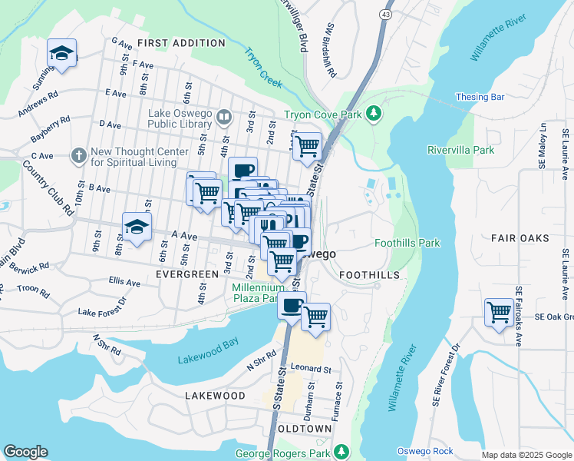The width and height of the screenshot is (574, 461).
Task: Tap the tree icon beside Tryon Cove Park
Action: [x=374, y=114]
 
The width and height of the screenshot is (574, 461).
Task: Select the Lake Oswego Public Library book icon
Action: [x=224, y=118]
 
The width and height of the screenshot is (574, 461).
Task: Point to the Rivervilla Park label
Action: [x=460, y=150]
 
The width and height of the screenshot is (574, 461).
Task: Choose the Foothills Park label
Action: [x=407, y=243]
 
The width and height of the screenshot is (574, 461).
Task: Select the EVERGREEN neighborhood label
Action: [x=187, y=274]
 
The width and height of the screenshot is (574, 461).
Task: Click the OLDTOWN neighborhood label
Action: [x=305, y=428]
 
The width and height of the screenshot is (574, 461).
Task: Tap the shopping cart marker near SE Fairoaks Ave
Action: [x=499, y=313]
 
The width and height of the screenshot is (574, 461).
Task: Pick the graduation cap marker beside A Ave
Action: [x=137, y=227]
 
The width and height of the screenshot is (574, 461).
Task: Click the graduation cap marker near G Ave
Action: [x=61, y=53]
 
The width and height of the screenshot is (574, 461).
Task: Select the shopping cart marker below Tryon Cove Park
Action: [x=308, y=145]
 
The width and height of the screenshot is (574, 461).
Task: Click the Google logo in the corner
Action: [x=25, y=452]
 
